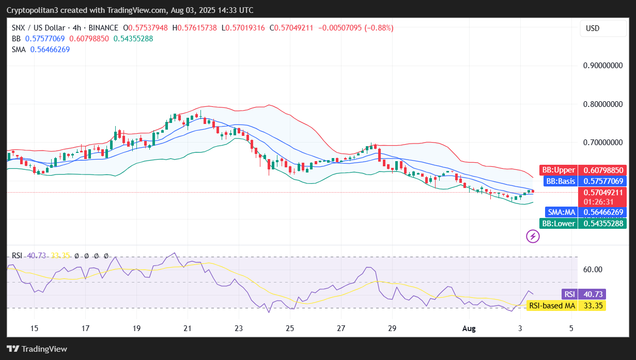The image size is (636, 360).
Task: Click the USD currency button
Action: (592, 28)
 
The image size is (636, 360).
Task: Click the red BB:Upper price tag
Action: (557, 170)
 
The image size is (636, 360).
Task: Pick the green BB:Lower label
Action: (558, 223)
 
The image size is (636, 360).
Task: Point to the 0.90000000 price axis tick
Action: (601, 66)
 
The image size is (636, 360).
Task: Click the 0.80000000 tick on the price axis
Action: (601, 104)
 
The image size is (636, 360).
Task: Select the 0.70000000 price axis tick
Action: (601, 142)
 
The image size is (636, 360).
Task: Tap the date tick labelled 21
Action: (188, 328)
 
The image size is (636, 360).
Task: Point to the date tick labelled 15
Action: (35, 328)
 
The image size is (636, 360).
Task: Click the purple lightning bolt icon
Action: (533, 237)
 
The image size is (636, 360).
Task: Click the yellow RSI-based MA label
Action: (552, 306)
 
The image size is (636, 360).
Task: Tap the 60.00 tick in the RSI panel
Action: (593, 269)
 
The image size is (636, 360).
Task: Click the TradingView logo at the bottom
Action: (37, 349)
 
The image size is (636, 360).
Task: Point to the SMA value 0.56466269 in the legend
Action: (50, 50)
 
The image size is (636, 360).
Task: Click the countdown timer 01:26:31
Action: (598, 201)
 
